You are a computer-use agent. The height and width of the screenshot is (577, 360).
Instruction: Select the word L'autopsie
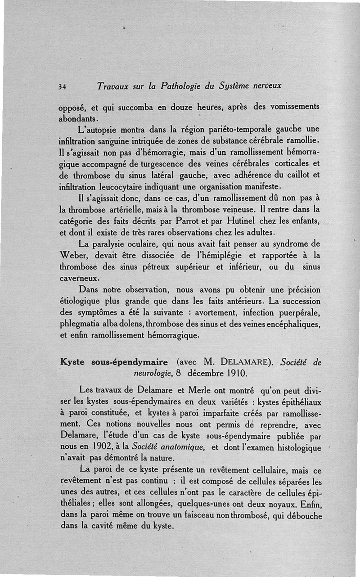click(98, 129)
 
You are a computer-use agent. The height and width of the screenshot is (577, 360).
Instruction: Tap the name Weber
click(72, 255)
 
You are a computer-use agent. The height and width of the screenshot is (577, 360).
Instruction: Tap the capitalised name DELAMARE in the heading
click(243, 363)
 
